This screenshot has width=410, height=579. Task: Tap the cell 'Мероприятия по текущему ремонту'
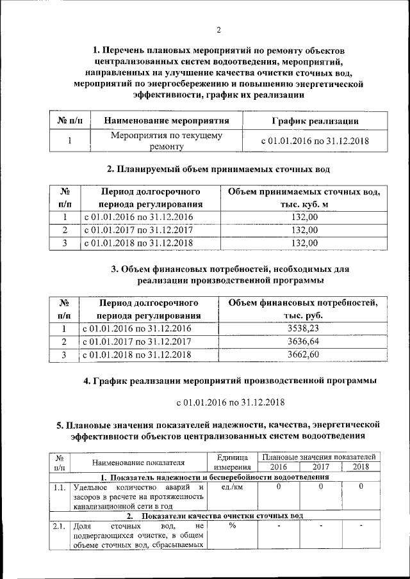click(167, 141)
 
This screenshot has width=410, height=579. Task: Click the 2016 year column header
click(278, 468)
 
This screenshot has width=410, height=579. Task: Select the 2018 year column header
click(361, 468)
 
